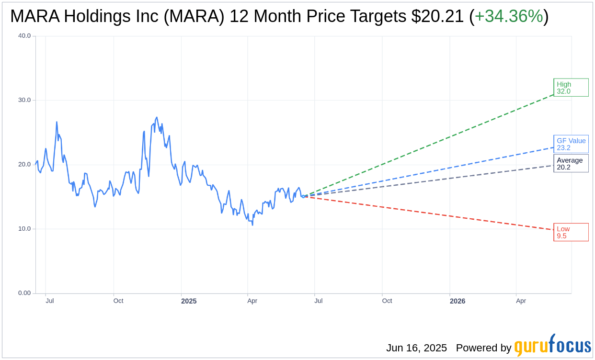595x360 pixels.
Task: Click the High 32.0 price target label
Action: click(571, 88)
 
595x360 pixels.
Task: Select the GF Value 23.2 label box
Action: click(571, 144)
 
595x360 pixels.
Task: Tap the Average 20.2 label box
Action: click(571, 163)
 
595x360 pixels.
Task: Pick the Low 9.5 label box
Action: click(571, 232)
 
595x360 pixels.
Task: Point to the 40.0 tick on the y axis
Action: click(24, 36)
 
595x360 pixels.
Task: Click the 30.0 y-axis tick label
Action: click(24, 100)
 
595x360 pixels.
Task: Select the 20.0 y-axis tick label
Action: click(24, 164)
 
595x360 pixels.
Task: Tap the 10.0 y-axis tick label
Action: click(24, 229)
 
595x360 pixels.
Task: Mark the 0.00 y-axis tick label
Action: click(24, 293)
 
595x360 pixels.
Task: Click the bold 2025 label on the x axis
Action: click(189, 301)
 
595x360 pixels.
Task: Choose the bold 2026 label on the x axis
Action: click(457, 301)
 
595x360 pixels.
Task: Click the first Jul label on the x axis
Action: click(49, 301)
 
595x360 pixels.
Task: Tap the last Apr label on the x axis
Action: click(521, 301)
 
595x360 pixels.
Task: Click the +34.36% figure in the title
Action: click(509, 17)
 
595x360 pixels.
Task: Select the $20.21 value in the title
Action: click(437, 17)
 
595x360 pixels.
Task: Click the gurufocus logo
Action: click(552, 346)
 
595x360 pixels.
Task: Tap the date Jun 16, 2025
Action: click(416, 348)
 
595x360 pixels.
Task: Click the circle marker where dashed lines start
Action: click(303, 196)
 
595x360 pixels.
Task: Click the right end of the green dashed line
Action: click(553, 94)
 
